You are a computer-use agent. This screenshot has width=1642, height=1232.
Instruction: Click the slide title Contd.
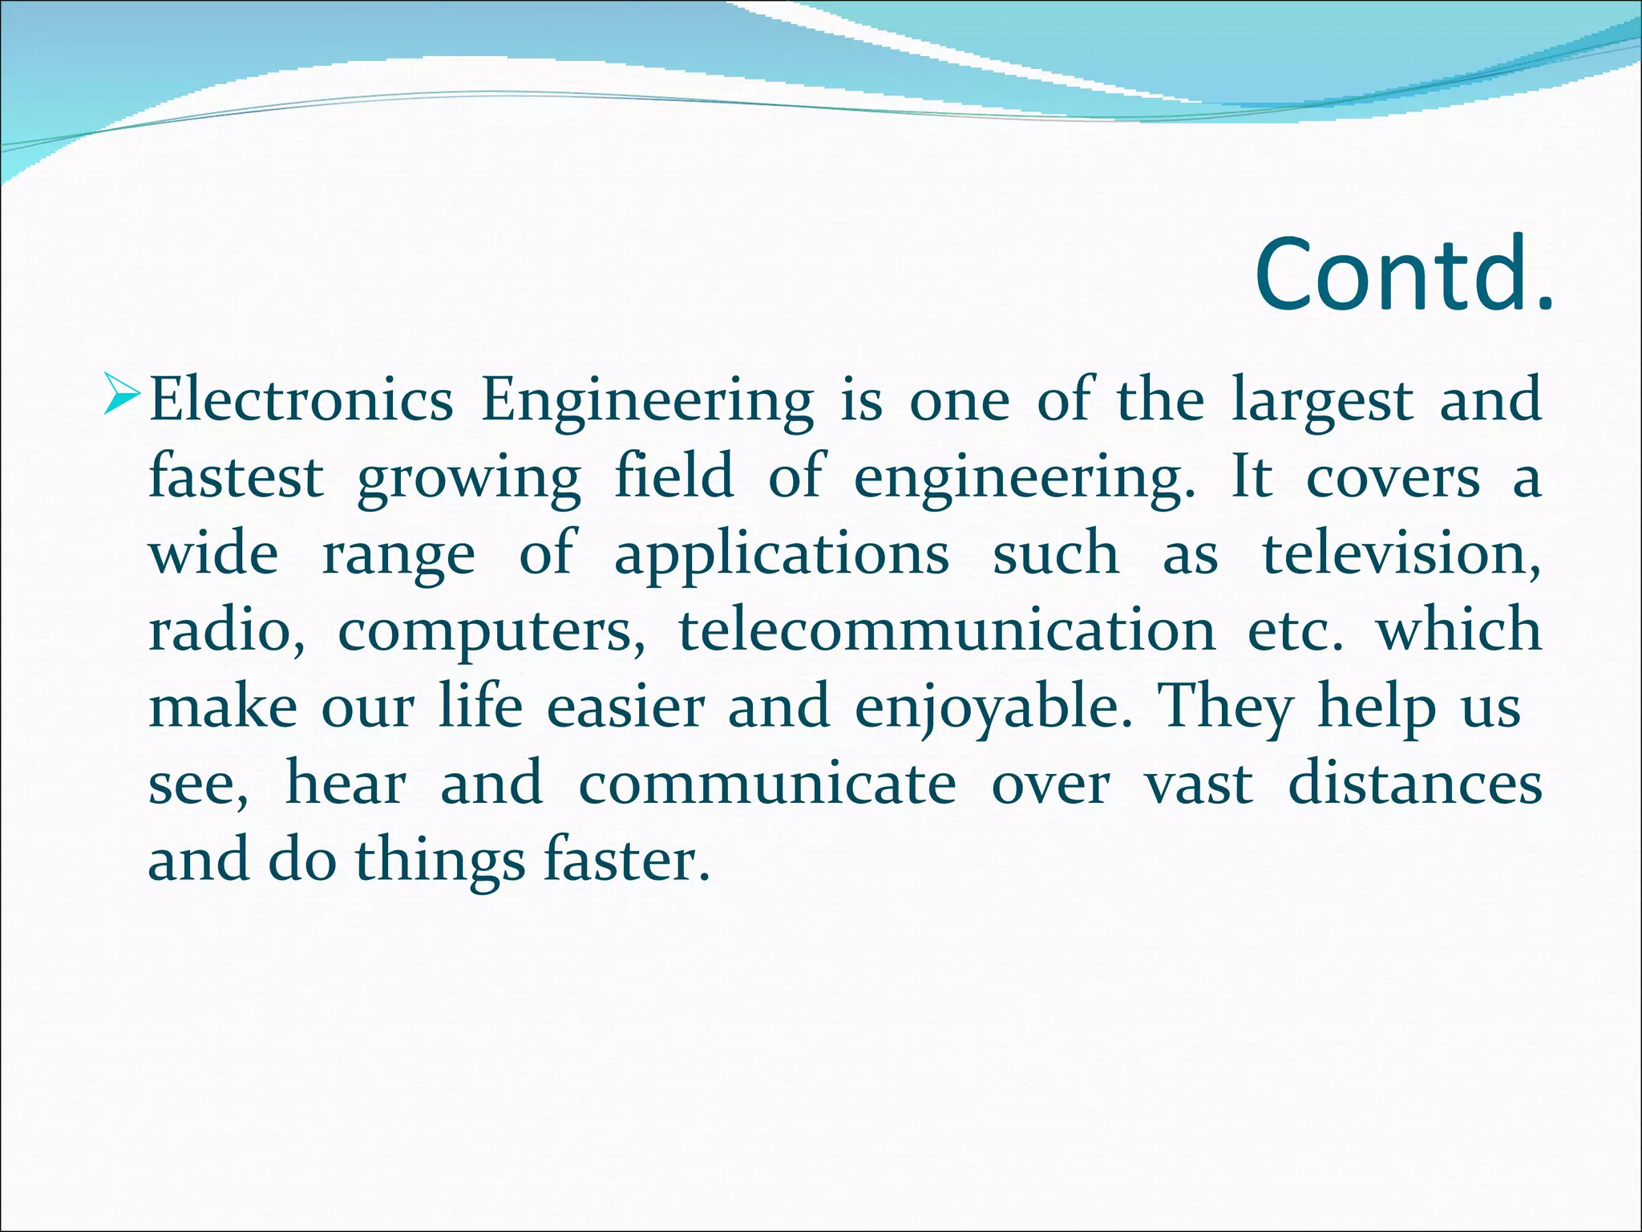tap(1403, 274)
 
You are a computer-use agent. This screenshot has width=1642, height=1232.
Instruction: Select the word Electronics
tap(301, 400)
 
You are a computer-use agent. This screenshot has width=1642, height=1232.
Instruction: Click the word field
tap(673, 475)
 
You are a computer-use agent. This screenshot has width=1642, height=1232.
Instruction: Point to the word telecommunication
tap(947, 630)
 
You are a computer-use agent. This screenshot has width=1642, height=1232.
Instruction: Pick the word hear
tap(346, 784)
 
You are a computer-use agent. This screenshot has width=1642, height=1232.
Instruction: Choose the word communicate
tap(767, 784)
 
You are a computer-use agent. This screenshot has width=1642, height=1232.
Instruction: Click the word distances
tap(1414, 784)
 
